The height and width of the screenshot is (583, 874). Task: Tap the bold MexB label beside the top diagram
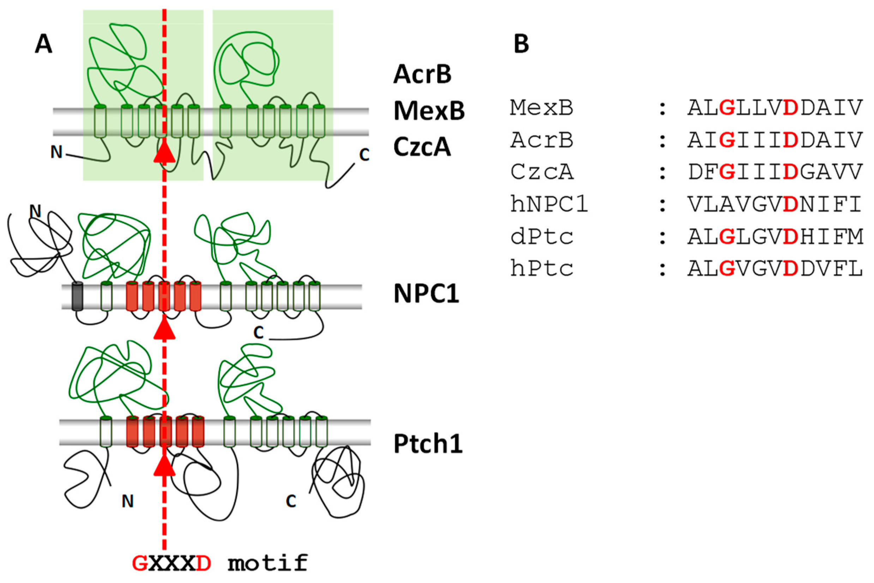(x=429, y=111)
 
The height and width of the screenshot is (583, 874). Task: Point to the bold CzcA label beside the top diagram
(x=422, y=147)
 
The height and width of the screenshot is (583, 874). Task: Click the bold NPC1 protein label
(x=427, y=294)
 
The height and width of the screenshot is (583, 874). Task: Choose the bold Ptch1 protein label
(x=428, y=444)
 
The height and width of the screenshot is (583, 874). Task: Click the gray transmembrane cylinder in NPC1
(x=77, y=297)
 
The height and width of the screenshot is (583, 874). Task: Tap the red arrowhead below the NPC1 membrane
(x=164, y=329)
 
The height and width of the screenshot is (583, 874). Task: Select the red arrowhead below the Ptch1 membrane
(x=164, y=466)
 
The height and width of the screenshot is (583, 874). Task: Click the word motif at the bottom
(x=268, y=563)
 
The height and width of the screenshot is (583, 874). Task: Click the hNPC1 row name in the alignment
(x=549, y=205)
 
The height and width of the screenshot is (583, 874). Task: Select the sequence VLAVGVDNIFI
(x=775, y=205)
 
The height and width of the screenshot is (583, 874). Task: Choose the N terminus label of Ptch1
(x=128, y=502)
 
